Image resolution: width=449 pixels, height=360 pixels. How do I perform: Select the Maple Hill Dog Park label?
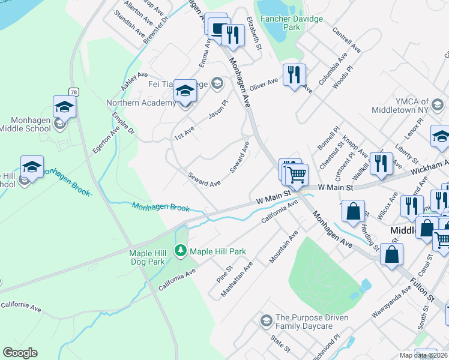click(147, 257)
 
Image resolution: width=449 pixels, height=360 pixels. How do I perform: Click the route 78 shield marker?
click(73, 92)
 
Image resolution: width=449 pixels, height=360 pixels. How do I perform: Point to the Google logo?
click(20, 353)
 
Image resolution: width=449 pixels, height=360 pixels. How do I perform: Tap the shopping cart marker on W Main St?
click(296, 175)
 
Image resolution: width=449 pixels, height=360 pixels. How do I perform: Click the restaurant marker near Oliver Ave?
click(294, 75)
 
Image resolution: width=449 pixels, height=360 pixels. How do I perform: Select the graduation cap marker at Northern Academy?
click(185, 91)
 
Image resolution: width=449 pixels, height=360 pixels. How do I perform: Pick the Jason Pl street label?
click(218, 110)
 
